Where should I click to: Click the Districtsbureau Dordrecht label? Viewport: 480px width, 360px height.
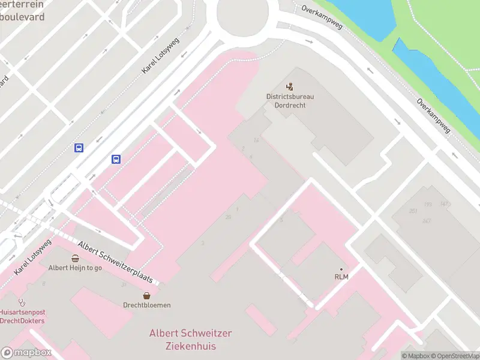290,100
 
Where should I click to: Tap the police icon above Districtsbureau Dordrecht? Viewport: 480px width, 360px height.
290,86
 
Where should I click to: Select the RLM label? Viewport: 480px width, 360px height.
341,277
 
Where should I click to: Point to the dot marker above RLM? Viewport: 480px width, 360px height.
341,269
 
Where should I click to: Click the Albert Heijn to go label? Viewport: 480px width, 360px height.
75,268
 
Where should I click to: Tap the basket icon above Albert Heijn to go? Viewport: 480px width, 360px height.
75,259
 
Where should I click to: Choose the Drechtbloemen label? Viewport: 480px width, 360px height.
147,305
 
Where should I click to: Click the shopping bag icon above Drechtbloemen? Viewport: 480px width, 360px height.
147,295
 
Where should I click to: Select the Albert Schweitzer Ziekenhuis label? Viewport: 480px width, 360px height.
190,340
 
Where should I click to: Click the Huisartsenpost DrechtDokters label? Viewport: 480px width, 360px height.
22,316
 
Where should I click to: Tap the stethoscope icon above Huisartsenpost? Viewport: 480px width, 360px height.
22,302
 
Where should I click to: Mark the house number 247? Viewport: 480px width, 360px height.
427,221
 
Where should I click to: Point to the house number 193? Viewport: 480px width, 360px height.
428,205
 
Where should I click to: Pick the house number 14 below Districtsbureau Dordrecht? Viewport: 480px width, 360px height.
256,140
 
